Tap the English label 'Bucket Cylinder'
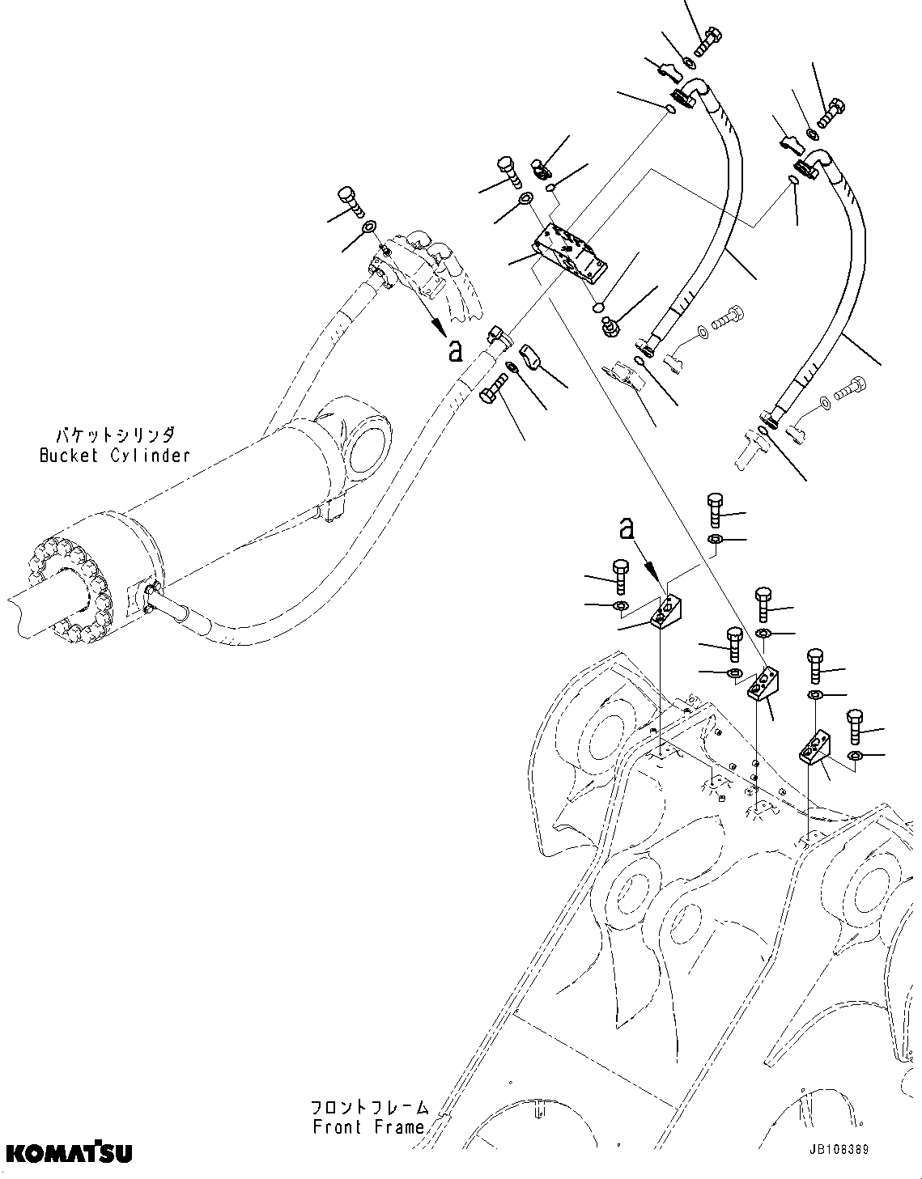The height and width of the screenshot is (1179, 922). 115,455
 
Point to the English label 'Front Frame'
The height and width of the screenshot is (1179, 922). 368,1126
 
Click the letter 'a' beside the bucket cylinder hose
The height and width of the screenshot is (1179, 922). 456,350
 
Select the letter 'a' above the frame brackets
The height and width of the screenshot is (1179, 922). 626,529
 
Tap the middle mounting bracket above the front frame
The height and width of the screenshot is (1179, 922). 762,684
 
